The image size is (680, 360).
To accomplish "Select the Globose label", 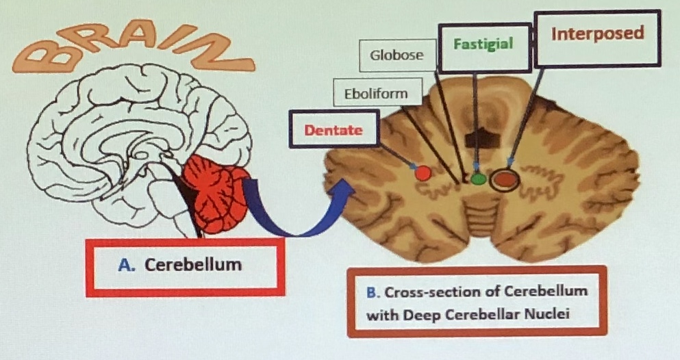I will click(397, 55).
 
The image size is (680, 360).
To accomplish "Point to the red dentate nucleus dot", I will click(423, 172).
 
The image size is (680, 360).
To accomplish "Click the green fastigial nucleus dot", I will click(478, 179).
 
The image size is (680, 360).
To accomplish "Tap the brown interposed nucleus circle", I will click(507, 179).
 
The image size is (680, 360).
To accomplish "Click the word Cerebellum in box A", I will click(193, 265).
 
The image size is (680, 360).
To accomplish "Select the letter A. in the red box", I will click(125, 266).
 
